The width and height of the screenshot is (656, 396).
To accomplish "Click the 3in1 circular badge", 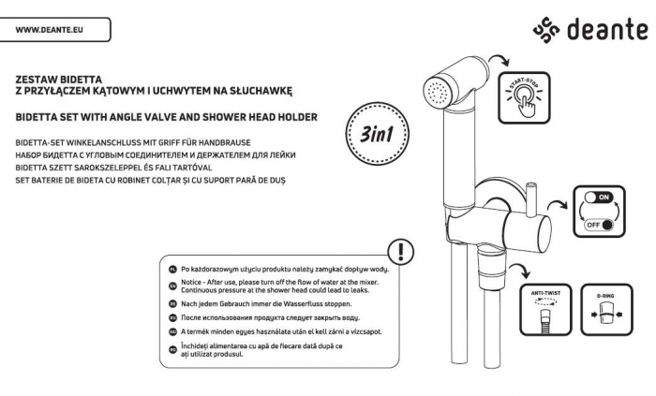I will point(375,134).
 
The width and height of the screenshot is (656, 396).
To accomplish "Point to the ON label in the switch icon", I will point(603,198).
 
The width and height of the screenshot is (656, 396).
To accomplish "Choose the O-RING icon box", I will point(604,310).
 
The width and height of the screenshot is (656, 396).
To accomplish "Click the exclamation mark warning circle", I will point(401,251).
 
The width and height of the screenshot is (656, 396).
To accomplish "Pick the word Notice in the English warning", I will point(192,282).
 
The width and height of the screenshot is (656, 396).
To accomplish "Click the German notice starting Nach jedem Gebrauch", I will point(266,304).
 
